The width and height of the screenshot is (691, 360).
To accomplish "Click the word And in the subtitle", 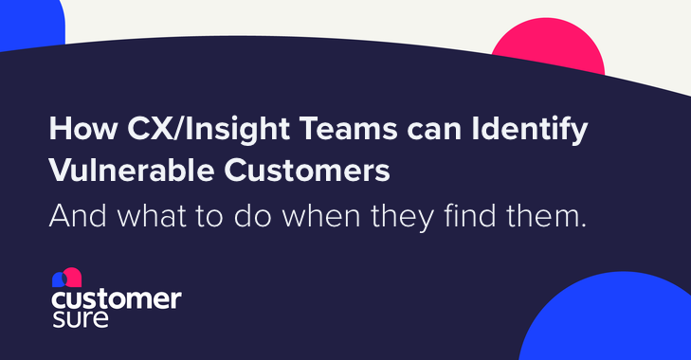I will (74, 218).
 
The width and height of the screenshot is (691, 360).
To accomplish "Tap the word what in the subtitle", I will (150, 218).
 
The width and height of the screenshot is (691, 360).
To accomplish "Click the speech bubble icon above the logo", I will (66, 278).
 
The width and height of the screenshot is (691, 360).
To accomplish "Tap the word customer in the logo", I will (116, 300).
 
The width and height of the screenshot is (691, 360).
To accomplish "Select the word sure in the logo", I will (81, 319).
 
